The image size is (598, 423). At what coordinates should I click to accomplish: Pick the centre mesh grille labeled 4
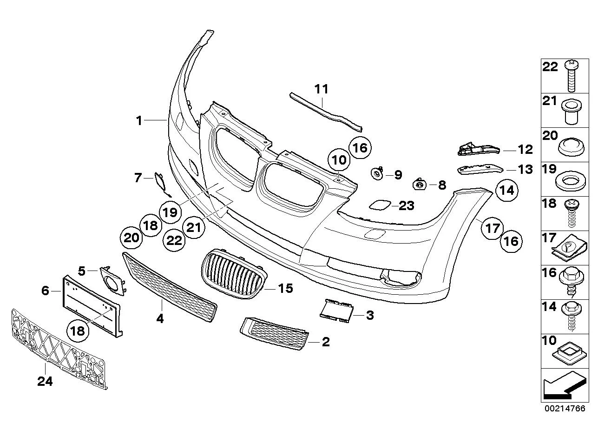[170, 288]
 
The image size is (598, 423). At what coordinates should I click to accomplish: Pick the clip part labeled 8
[420, 185]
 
